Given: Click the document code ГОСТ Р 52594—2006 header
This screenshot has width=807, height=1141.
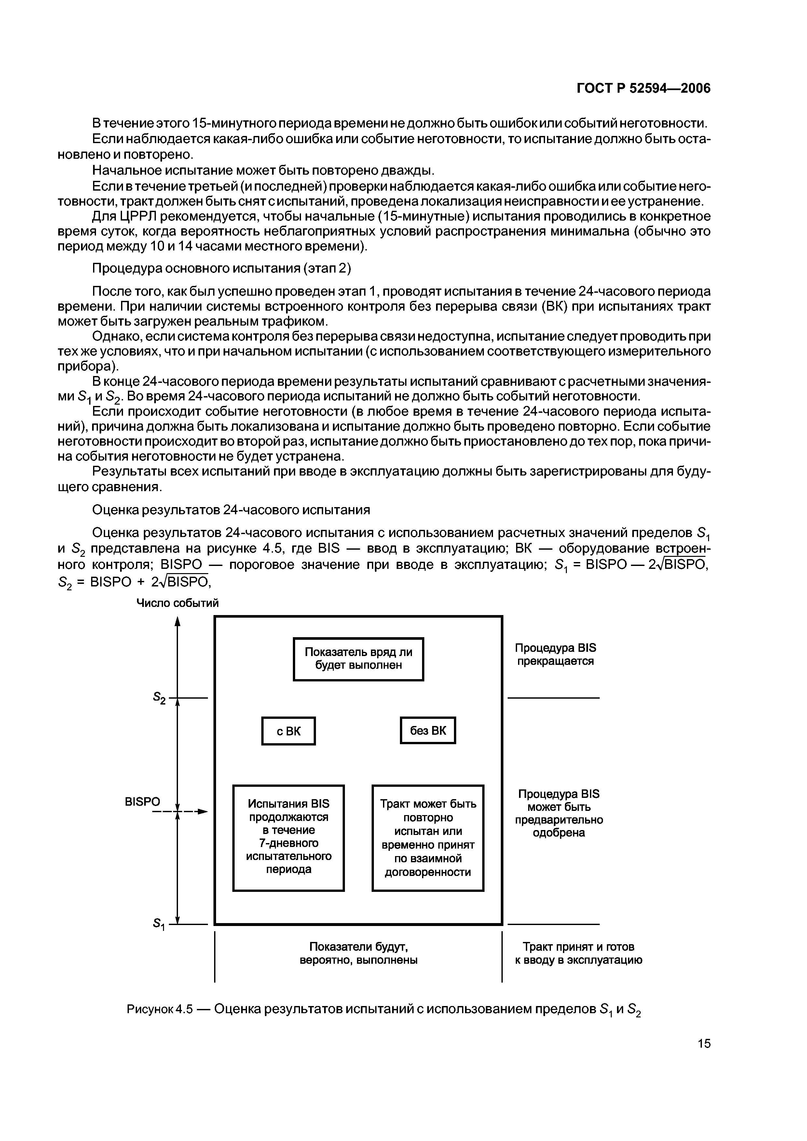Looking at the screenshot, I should click(x=643, y=88).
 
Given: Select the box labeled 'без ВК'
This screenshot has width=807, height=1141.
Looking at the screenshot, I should click(x=428, y=730).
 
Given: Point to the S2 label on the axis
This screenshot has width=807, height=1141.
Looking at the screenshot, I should click(x=159, y=699).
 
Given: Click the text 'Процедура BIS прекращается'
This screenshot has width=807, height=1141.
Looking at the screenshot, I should click(x=555, y=654).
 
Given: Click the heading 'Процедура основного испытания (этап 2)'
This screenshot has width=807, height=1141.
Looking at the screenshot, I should click(x=222, y=268).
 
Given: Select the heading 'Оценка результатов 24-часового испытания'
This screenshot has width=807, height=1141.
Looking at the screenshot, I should click(x=231, y=510).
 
